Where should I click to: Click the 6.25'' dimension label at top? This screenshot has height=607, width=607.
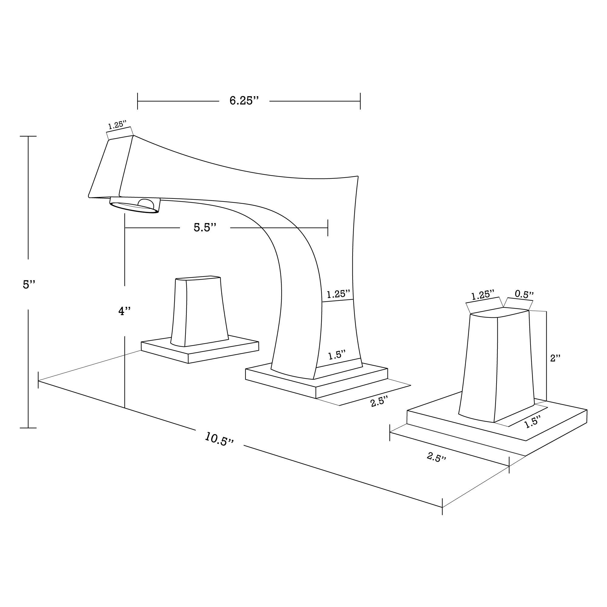[x=244, y=101]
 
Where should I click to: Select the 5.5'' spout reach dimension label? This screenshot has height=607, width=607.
[x=205, y=227]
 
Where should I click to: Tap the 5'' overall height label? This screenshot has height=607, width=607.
[x=29, y=284]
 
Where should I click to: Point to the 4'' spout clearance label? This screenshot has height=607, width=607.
[x=124, y=311]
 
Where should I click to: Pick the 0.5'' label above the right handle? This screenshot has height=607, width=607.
[x=524, y=294]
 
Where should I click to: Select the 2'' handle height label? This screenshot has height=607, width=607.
[x=555, y=358]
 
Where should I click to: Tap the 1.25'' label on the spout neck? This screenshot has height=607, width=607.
[x=338, y=294]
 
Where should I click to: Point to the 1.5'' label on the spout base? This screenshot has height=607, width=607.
[x=337, y=356]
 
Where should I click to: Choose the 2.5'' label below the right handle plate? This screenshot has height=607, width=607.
[x=436, y=457]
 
